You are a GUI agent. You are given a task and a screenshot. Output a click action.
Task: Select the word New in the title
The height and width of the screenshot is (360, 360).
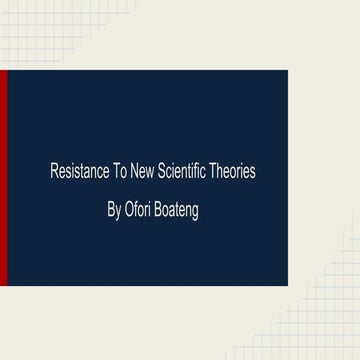[144, 172]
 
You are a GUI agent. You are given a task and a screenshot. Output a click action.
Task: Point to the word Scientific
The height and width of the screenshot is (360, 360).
[188, 172]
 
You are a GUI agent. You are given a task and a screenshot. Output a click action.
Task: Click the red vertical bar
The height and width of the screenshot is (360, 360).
[4, 178]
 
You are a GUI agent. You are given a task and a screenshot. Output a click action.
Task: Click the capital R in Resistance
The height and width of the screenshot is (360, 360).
[53, 172]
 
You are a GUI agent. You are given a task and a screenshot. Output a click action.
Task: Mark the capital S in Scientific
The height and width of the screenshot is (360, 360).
[163, 172]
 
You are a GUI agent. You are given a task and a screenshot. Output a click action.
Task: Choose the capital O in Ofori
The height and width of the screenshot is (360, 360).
[130, 211]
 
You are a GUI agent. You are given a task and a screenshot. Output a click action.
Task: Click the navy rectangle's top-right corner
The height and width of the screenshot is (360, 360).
[287, 71]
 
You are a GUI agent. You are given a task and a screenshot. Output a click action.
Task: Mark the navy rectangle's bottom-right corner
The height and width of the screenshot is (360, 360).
[287, 285]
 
